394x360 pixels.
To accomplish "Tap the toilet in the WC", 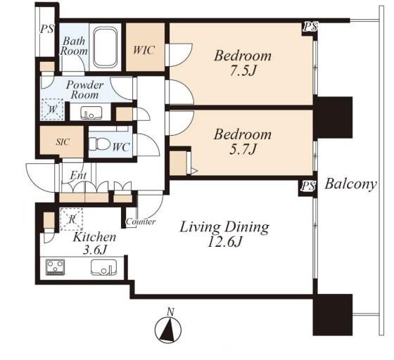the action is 99,144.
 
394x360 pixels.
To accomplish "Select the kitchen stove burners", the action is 55,267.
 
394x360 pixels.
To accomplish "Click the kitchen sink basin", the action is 104,268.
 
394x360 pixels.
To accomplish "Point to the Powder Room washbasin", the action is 91,112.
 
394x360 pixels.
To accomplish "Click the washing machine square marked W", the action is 52,110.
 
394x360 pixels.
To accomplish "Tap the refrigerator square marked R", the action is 72,219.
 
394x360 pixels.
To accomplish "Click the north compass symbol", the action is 168,329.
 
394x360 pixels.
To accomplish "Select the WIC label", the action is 144,50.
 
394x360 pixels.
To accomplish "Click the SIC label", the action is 63,142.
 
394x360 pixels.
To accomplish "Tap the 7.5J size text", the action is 243,71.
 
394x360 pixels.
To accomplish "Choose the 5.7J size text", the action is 243,149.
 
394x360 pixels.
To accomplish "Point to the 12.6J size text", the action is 224,243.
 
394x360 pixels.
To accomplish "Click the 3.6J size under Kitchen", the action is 95,250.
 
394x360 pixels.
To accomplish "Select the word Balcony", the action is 351,184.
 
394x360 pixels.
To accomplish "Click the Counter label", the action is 141,221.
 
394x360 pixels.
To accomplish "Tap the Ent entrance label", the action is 78,175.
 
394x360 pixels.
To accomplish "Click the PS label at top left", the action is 47,29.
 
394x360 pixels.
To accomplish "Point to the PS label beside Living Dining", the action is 308,186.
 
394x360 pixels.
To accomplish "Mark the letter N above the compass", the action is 170,312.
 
